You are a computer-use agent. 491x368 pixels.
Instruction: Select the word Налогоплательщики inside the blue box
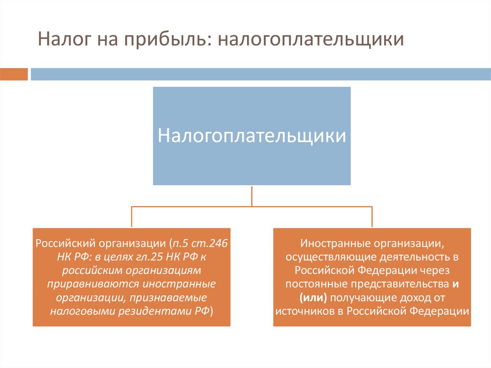252,135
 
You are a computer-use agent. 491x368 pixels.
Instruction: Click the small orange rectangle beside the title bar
14,74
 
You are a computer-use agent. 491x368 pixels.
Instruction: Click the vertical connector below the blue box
252,196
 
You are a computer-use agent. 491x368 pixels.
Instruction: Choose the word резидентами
154,311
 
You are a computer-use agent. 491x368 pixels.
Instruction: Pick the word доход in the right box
415,297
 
